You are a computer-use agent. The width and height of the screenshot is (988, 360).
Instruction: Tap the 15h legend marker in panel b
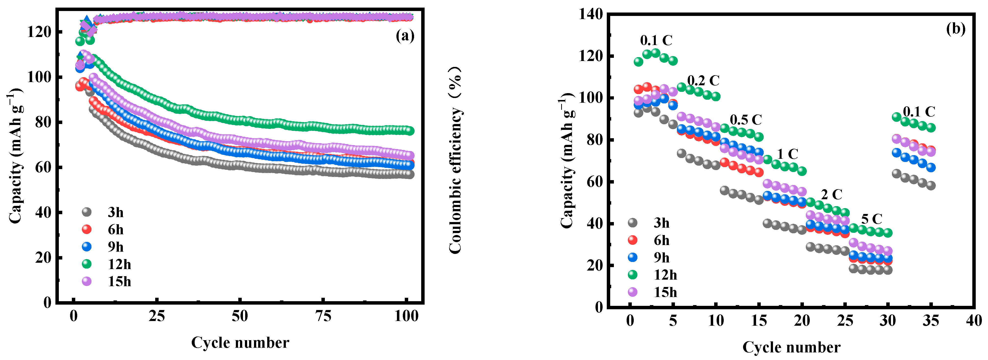coord(633,292)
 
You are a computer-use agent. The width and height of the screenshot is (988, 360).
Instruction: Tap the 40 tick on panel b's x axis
coord(974,320)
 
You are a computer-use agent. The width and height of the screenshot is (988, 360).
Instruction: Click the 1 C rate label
coord(787,154)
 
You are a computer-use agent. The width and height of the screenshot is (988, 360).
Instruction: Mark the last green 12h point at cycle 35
coord(931,128)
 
